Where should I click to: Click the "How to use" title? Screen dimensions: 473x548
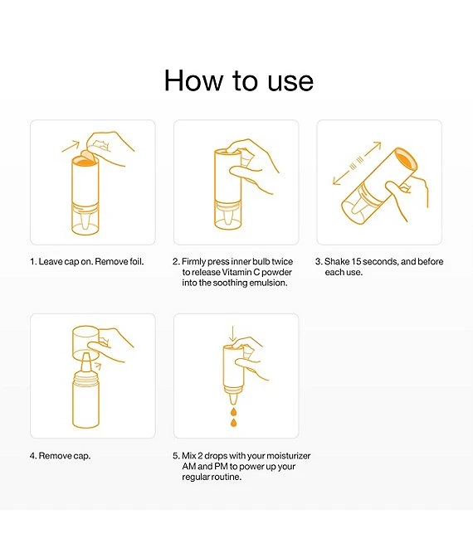coord(239,80)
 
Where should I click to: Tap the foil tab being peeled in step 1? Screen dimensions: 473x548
coord(87,156)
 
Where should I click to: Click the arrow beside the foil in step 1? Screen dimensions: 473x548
coord(71,146)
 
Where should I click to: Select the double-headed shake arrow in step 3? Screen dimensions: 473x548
coord(357,162)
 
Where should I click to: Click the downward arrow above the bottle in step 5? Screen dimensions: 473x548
coord(232,334)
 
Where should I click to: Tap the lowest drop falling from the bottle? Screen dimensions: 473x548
coord(233,423)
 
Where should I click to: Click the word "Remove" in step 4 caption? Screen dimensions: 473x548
coord(53,456)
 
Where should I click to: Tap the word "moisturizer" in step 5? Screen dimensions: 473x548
coord(288,456)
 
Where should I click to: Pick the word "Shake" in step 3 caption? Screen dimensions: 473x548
coord(337,262)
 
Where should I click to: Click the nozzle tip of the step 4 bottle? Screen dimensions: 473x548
coord(85,355)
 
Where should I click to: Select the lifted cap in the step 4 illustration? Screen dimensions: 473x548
coord(85,343)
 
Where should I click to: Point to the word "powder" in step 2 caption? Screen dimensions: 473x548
coord(276,272)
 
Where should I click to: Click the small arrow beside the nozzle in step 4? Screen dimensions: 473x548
coord(98,366)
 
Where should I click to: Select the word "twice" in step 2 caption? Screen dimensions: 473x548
coord(282,262)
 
